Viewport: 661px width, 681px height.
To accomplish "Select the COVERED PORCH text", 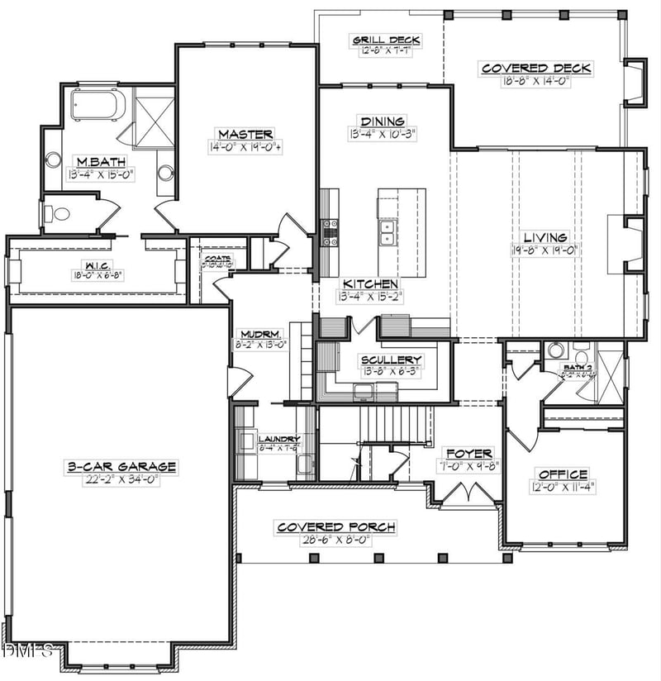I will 335,526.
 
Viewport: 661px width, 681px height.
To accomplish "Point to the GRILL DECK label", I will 387,40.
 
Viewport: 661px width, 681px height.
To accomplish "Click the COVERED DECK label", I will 536,69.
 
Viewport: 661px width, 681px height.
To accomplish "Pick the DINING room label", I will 382,121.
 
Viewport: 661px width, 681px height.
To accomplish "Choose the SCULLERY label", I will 391,360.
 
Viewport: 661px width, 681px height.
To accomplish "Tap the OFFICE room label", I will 564,474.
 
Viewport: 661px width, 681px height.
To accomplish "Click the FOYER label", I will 468,454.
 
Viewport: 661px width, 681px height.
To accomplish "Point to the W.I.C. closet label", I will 97,266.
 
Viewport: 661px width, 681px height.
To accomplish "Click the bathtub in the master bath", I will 98,107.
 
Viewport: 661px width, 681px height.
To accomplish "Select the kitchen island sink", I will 386,233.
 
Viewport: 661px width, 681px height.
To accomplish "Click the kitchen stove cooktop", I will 329,232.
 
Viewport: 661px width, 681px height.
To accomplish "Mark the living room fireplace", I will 621,243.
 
